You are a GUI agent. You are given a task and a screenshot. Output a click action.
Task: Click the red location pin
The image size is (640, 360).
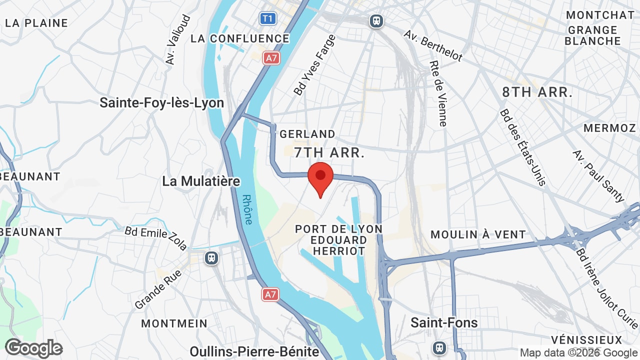click(x=320, y=178)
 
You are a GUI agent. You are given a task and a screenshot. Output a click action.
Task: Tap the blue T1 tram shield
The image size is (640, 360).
click(x=268, y=19)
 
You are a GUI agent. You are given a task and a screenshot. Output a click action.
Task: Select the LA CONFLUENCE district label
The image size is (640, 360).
click(x=240, y=38)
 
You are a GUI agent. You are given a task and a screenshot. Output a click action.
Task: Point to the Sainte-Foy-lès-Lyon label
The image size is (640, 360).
click(x=161, y=103)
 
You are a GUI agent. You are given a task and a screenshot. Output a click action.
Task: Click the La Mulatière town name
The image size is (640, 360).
click(x=201, y=181)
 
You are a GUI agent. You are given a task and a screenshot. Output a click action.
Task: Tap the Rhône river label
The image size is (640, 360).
click(x=247, y=209)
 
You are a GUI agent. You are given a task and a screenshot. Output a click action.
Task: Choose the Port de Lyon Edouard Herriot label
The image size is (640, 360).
click(x=338, y=240)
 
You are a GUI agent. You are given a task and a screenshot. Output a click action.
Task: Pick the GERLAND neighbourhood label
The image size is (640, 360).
click(x=307, y=134)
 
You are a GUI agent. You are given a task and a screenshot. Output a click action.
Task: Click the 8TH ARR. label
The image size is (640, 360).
click(x=537, y=92)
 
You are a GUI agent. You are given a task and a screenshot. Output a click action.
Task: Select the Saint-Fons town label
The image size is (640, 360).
click(x=444, y=322)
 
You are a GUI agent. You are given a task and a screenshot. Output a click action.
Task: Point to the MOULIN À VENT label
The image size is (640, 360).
click(x=478, y=234)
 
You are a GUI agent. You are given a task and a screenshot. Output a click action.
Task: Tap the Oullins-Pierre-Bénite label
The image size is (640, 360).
click(x=254, y=351)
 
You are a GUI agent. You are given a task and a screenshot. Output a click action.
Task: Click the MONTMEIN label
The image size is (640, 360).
click(x=174, y=323)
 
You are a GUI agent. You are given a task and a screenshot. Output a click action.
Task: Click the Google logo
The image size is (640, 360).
click(x=33, y=348)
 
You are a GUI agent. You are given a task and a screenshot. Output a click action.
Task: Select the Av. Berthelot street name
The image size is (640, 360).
click(x=433, y=46)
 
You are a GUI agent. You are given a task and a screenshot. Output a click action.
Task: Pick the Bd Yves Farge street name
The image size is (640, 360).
click(x=314, y=65)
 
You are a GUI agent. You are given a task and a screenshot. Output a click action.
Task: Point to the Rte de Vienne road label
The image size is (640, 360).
click(x=438, y=93)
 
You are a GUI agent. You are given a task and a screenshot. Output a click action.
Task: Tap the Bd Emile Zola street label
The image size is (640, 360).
click(x=156, y=237)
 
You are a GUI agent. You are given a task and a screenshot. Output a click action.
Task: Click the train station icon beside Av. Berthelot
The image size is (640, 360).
click(x=376, y=21)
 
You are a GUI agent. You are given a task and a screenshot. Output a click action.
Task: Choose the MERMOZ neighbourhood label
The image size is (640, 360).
click(x=609, y=128)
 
